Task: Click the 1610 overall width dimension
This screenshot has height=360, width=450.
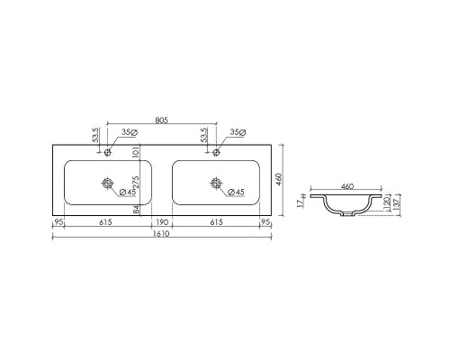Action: click(x=162, y=234)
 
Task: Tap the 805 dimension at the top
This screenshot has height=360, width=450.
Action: click(x=162, y=121)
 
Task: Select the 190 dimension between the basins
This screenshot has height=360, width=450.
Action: click(x=162, y=222)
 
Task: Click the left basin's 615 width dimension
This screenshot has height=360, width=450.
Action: click(x=106, y=222)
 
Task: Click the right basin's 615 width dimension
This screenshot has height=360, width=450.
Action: click(x=216, y=222)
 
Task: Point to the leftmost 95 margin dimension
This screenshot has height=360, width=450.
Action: click(x=58, y=222)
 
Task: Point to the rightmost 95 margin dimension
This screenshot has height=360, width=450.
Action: click(x=265, y=222)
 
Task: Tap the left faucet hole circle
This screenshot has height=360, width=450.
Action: click(x=107, y=152)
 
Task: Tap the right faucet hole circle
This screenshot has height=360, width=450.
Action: click(x=216, y=152)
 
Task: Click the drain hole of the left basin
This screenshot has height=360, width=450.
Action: click(x=107, y=183)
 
